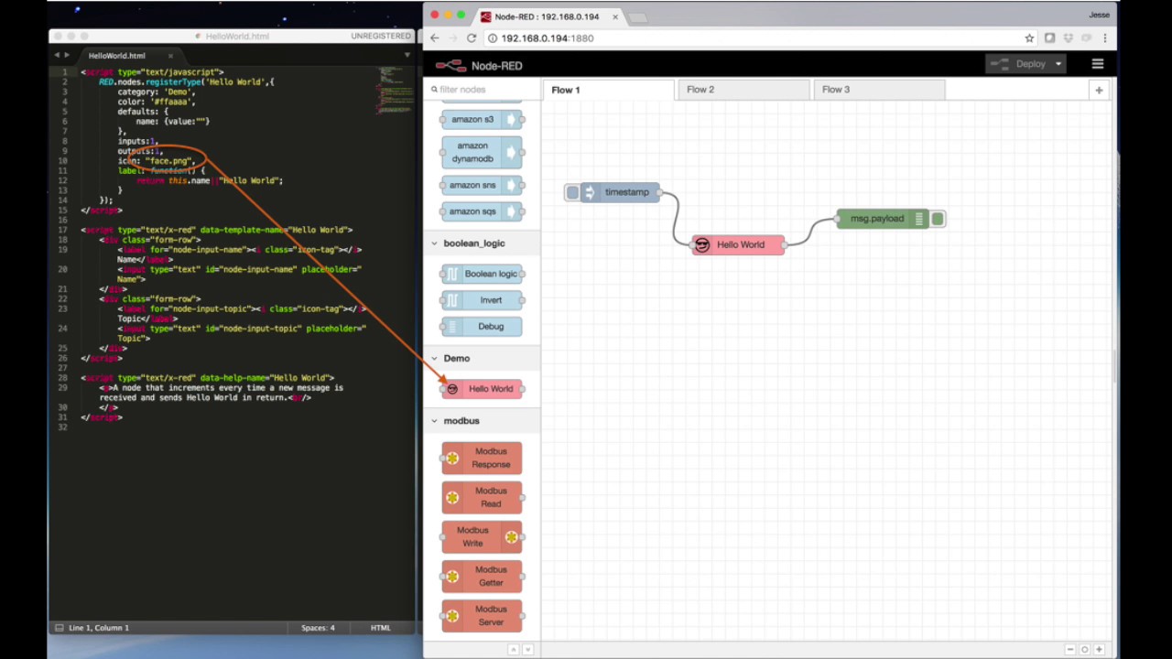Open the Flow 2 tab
(700, 90)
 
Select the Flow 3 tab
(835, 90)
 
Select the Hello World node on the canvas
(738, 244)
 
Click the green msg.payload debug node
(880, 219)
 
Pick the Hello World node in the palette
(483, 389)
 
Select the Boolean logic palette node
(482, 274)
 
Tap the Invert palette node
(482, 300)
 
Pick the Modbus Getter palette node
(482, 576)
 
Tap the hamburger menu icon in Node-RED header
(1097, 64)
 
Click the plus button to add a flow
(1099, 90)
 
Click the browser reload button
(472, 38)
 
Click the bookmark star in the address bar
(1029, 38)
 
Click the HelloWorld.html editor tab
(117, 56)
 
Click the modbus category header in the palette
(461, 421)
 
